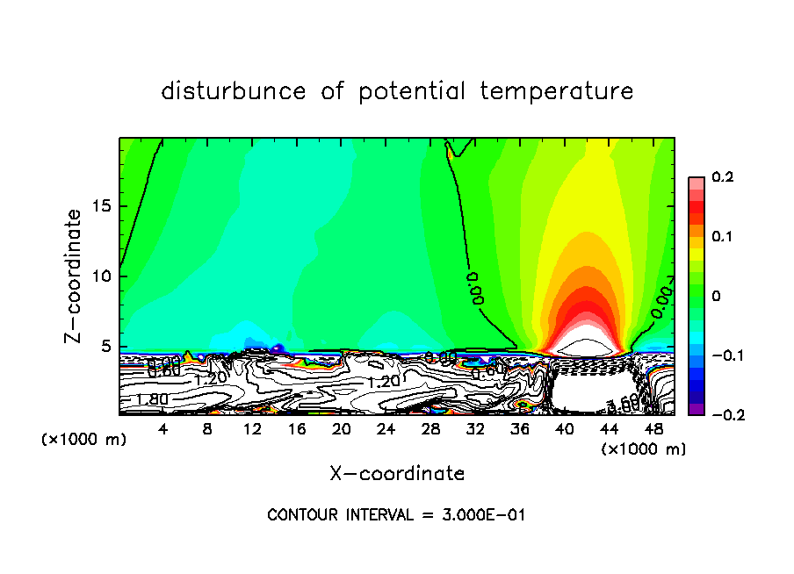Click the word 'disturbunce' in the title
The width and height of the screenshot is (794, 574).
coord(234,91)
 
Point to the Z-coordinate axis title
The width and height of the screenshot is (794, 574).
coord(76,276)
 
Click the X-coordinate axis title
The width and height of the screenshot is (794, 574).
coord(397,474)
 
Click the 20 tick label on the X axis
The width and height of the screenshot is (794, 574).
coord(342,430)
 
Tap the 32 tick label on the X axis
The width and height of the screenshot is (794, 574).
coord(475,430)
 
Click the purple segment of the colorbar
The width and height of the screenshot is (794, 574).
coord(696,409)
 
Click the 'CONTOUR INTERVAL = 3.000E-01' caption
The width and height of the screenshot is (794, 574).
coord(396,515)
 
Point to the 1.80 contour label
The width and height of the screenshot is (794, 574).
coord(150,400)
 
